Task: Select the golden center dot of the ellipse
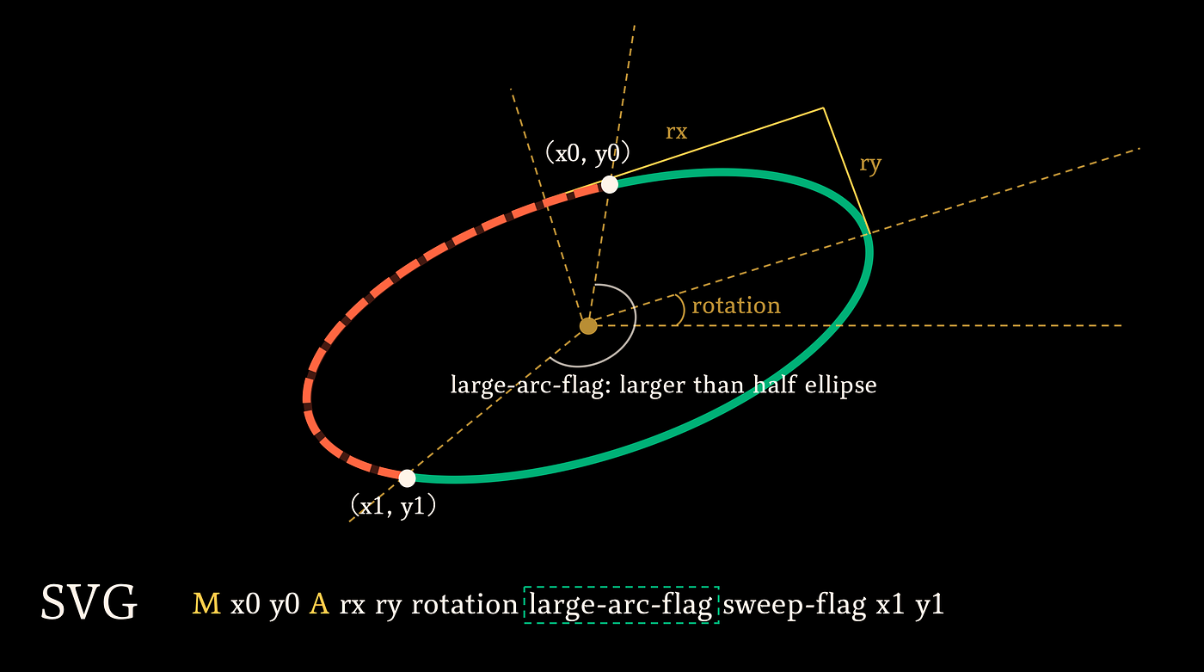pos(588,326)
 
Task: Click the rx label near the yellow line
pos(676,132)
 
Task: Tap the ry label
pos(870,164)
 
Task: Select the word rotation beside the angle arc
pos(736,305)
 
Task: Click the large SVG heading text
pos(89,602)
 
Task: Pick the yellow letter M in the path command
pos(206,604)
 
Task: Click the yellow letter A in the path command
pos(319,604)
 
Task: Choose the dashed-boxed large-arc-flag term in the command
pos(621,605)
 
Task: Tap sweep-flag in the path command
pos(795,606)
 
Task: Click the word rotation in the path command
pos(464,605)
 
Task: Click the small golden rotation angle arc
pos(681,310)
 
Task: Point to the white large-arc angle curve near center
pos(635,323)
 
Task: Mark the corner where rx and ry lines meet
pos(824,108)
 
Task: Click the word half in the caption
pos(774,385)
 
